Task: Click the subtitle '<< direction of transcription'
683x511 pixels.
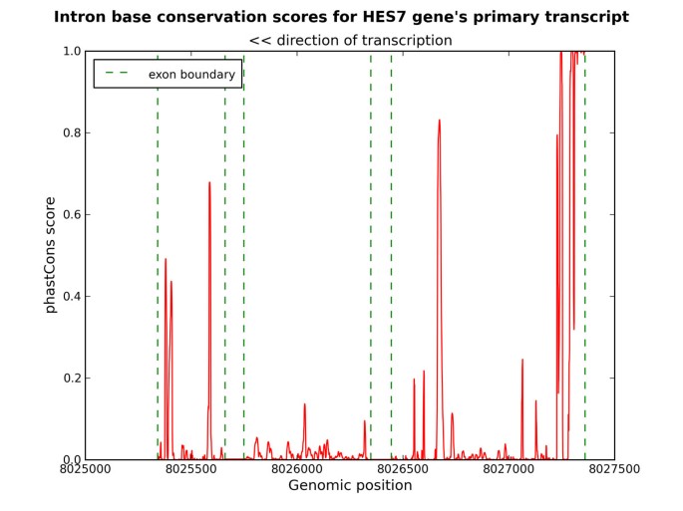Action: [x=350, y=41]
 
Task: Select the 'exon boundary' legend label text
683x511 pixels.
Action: [x=191, y=75]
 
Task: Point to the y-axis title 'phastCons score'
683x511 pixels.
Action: [x=50, y=255]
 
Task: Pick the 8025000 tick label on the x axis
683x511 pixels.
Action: [x=86, y=468]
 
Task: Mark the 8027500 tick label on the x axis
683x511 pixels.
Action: [x=614, y=468]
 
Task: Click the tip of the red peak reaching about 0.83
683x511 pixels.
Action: [x=439, y=121]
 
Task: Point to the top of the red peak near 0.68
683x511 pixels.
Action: [x=209, y=182]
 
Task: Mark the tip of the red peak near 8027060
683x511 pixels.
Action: [x=522, y=360]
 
